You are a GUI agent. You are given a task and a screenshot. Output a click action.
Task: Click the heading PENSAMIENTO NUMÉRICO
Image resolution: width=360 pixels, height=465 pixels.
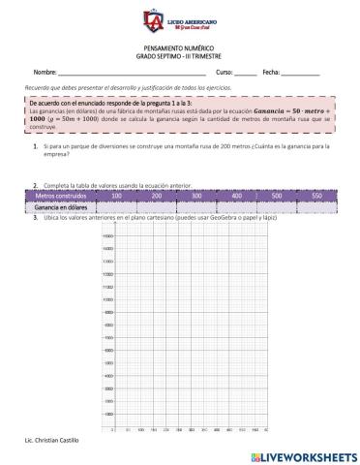pos(180,47)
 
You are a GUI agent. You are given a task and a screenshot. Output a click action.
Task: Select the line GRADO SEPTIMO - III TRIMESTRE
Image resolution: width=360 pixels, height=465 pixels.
pos(180,55)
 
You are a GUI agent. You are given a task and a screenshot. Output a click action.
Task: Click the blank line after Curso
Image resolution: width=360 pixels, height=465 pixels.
pos(245,74)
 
